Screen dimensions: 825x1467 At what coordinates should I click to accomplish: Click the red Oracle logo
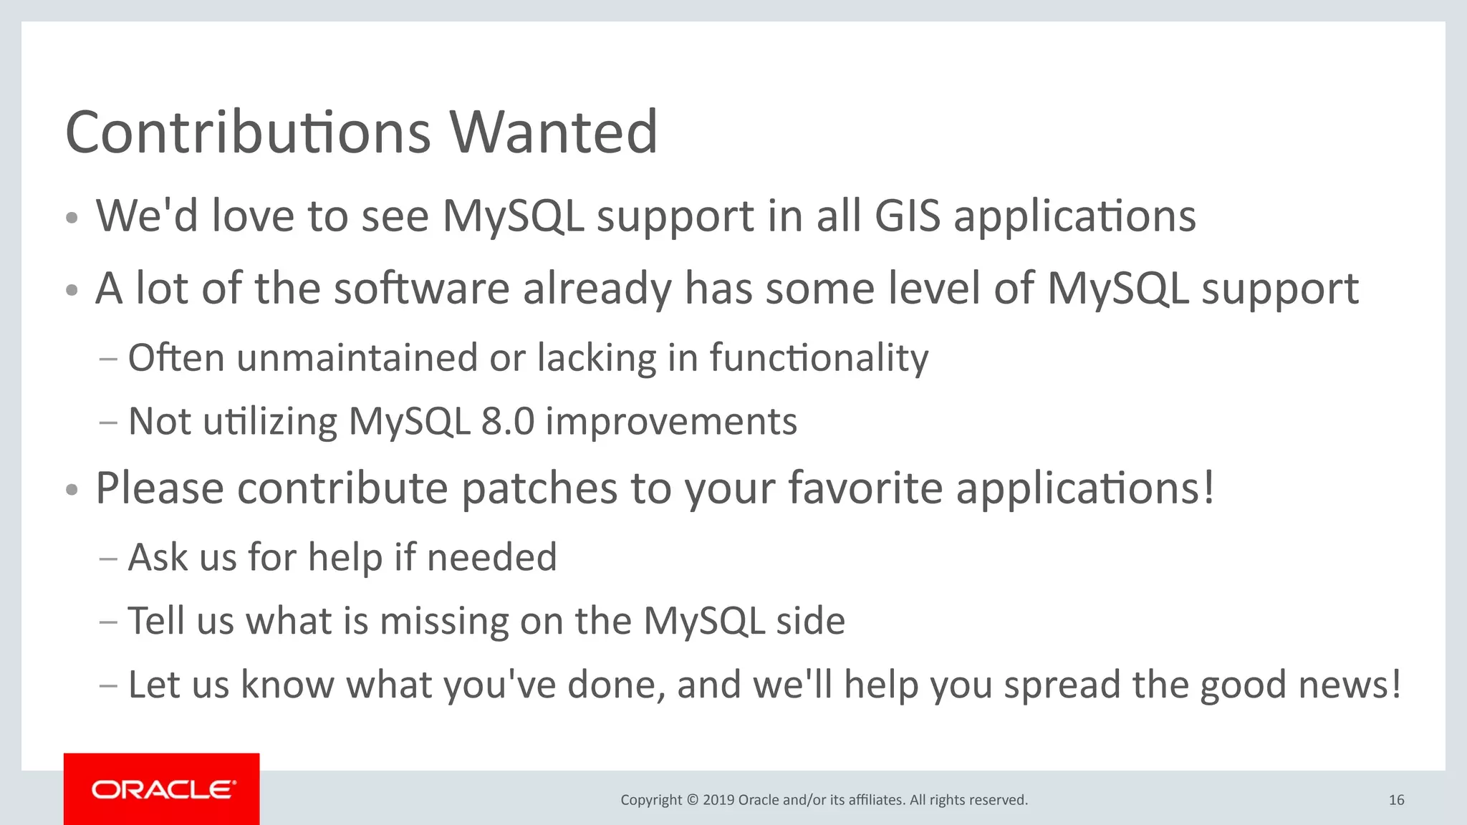coord(162,789)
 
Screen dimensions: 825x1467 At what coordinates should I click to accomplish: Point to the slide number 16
coord(1396,800)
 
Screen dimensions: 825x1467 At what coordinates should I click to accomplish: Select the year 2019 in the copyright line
coord(718,800)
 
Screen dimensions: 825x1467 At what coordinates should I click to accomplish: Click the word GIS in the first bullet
coord(907,216)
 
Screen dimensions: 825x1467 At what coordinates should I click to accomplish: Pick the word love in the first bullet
coord(253,216)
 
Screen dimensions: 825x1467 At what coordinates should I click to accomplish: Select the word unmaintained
coord(357,357)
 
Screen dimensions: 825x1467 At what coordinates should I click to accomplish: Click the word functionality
coord(819,357)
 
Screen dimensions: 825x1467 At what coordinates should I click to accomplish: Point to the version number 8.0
coord(508,421)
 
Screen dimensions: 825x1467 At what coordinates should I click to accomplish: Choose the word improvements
coord(671,421)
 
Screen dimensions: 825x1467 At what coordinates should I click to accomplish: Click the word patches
coord(539,488)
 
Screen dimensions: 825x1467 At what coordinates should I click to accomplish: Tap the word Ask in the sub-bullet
coord(158,557)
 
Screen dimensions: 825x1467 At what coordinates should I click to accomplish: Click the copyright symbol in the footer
coord(692,800)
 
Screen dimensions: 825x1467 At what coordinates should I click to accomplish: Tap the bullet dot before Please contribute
coord(71,491)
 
